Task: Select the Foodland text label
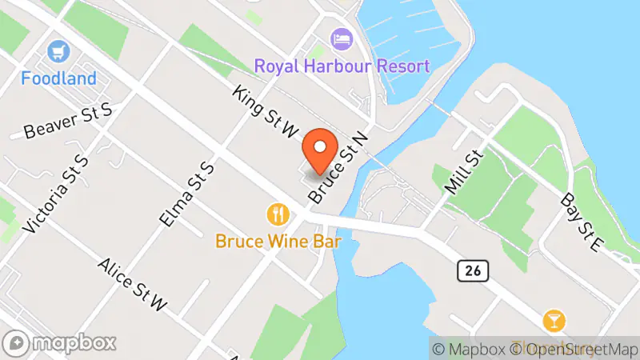[59, 78]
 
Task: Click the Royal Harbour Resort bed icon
[342, 38]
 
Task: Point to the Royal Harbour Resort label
[342, 66]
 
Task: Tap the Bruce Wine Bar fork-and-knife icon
[277, 214]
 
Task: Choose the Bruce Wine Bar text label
[278, 240]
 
